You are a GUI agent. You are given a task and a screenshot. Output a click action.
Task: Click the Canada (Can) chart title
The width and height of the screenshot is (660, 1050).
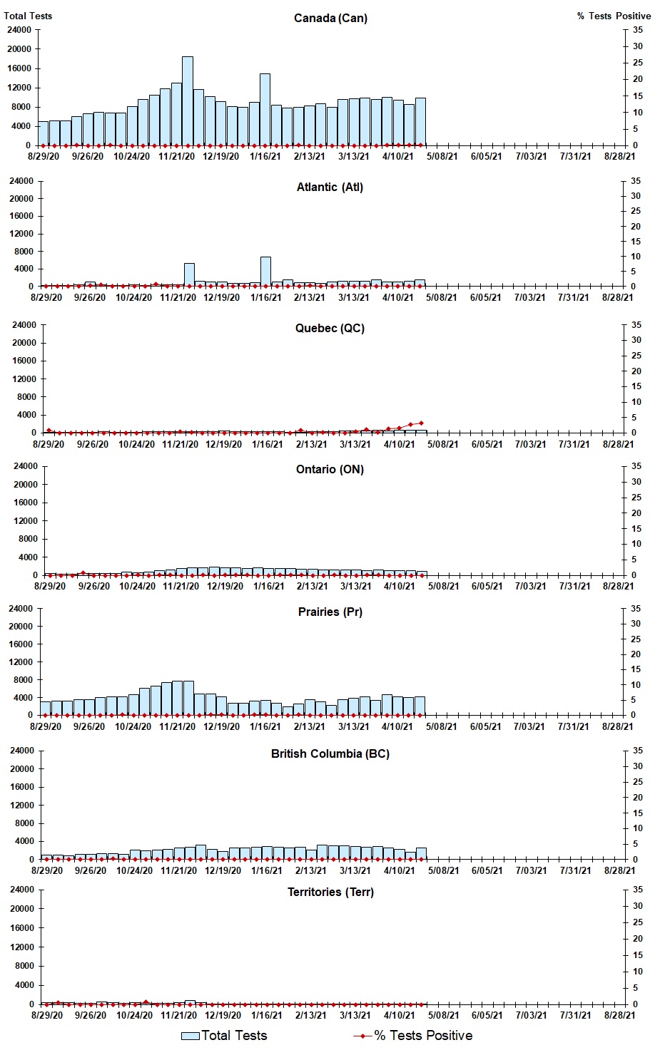tap(330, 18)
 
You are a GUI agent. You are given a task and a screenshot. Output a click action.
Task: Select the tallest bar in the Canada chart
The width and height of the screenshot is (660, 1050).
tap(187, 101)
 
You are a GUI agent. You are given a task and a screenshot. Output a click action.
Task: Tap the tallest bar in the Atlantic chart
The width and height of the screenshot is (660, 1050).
tap(265, 272)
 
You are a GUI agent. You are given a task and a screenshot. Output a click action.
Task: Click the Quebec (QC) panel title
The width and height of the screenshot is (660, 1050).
tap(330, 328)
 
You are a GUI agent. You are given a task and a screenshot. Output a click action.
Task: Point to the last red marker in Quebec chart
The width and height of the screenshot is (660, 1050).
tap(421, 423)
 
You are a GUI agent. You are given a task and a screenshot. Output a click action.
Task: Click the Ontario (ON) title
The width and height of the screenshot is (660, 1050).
tap(330, 469)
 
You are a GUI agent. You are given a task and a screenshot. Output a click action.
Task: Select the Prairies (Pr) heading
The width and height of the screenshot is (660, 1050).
tap(330, 612)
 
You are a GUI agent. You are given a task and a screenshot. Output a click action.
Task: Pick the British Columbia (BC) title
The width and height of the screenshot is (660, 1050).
tap(330, 753)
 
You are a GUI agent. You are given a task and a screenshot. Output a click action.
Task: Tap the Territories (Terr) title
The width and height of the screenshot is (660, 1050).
tap(330, 892)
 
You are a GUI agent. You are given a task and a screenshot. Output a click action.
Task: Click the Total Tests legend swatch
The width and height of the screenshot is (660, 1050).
tap(190, 1036)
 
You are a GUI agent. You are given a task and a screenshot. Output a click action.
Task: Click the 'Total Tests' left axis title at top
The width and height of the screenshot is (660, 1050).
tap(28, 16)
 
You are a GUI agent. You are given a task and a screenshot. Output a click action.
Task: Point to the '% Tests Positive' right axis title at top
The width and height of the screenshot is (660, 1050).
tap(614, 16)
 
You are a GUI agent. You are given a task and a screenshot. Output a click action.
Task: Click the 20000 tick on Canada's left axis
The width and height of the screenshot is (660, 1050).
tap(19, 49)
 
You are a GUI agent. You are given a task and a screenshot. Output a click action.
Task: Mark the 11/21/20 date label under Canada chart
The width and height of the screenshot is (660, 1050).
tap(176, 156)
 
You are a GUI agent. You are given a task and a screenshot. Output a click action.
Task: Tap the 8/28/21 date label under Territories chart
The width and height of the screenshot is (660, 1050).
tap(619, 1015)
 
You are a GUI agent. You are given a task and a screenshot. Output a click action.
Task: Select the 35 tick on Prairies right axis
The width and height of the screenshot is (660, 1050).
tap(636, 609)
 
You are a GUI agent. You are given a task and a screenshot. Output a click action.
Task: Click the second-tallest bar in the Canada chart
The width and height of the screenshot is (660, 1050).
tap(265, 109)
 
